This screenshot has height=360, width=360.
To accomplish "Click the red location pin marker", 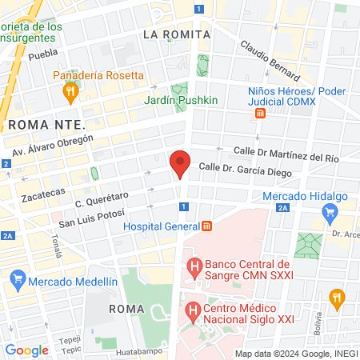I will (180, 164).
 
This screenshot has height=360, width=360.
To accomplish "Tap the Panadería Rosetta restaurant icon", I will (70, 92).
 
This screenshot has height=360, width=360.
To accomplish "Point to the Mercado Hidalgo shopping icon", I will (328, 213).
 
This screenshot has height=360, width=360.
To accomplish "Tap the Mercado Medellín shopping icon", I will (18, 281).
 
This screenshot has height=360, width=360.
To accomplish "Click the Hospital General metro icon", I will (206, 226).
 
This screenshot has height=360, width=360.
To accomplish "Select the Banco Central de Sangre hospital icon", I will (192, 266).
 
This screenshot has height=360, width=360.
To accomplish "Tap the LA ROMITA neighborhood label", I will (176, 34).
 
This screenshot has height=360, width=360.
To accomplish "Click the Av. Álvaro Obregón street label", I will (53, 146).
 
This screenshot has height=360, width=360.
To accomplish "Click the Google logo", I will (26, 350).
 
